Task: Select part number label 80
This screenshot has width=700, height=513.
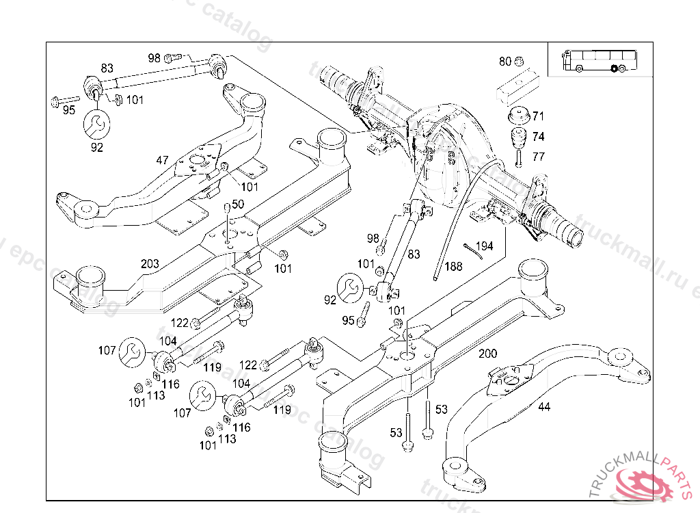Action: (x=505, y=62)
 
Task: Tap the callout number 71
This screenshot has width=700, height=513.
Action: (x=539, y=116)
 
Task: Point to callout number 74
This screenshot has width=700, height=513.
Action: (x=539, y=136)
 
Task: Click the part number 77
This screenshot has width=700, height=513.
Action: (x=539, y=157)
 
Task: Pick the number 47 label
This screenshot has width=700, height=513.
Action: (x=162, y=160)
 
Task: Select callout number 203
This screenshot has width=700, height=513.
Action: (x=150, y=263)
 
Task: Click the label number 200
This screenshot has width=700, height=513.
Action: (x=488, y=354)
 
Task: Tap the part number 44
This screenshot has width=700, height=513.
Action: (x=543, y=406)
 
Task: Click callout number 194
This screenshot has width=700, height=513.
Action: (x=484, y=246)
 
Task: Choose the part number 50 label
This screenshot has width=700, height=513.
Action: (x=238, y=204)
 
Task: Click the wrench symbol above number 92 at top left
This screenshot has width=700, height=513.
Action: (x=96, y=124)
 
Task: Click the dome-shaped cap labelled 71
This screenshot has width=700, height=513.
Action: (x=519, y=115)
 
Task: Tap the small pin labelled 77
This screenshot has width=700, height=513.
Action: (x=519, y=158)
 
